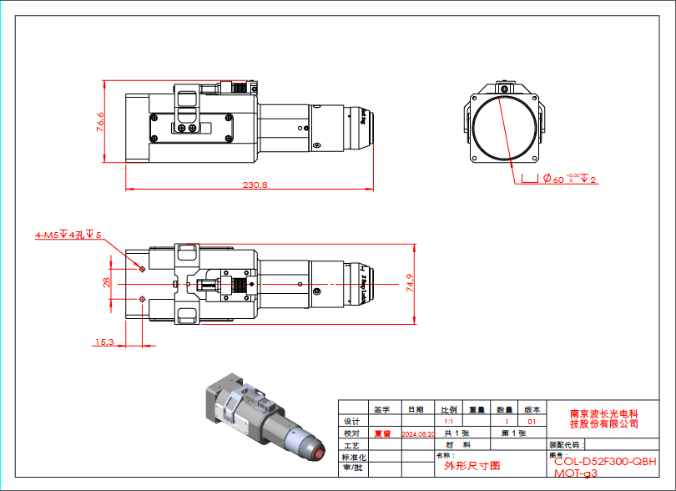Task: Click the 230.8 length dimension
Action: pos(254,185)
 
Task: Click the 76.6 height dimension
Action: pos(100,122)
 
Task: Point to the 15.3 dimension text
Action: pos(104,342)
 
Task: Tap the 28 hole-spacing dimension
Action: pos(107,282)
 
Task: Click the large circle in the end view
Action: pos(505,127)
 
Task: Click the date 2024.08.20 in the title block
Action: pos(418,434)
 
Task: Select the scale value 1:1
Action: pos(449,422)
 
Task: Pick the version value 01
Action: pos(532,422)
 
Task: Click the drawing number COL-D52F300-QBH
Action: pos(605,461)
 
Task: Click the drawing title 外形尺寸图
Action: pos(472,465)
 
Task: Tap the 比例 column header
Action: pos(449,410)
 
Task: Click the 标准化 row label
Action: pos(353,458)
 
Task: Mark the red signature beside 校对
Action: pos(382,433)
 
